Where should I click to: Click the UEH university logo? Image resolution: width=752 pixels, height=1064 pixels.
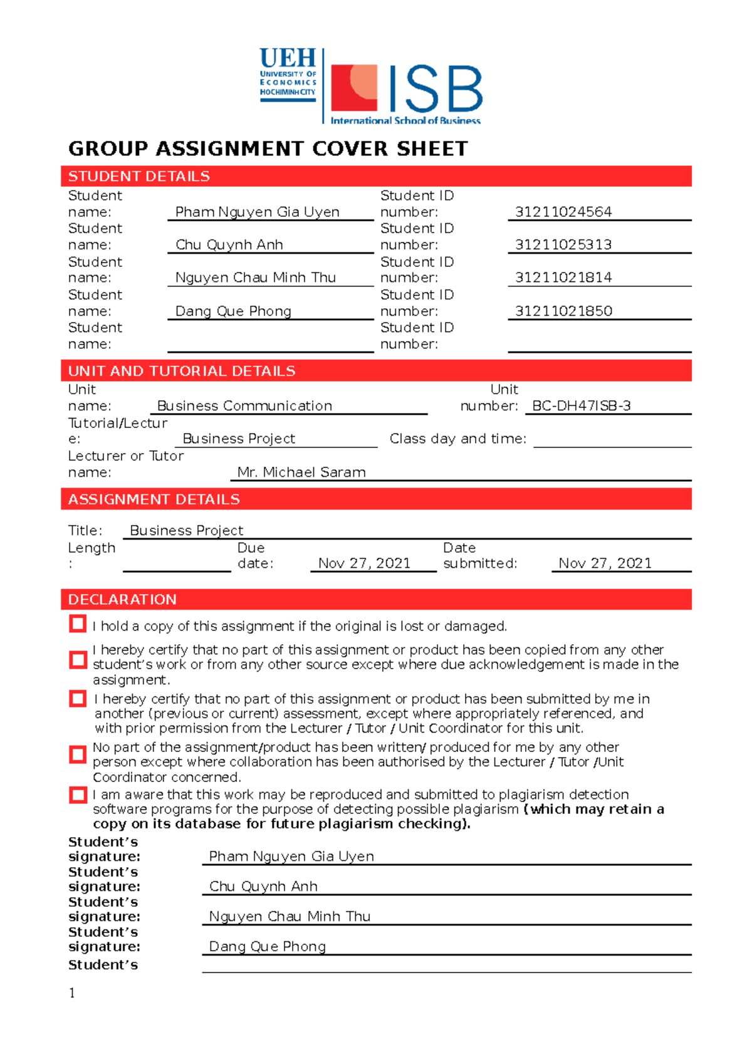(x=288, y=75)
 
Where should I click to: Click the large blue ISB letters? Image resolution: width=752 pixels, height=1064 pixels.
(x=436, y=88)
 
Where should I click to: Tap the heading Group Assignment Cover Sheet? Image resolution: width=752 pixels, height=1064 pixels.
(x=268, y=149)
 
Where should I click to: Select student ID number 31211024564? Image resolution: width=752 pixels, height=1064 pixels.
(x=563, y=212)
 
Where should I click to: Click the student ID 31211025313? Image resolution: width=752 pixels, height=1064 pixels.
(x=563, y=244)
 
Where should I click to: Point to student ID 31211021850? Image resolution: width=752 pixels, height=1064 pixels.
(x=563, y=311)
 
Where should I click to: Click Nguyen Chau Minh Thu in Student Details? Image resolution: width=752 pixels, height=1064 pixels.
(x=255, y=278)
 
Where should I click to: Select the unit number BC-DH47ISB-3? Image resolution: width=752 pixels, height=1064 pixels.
(x=581, y=406)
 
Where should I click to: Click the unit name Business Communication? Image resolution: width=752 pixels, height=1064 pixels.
(x=244, y=406)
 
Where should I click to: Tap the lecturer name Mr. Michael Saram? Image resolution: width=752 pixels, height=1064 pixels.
(x=301, y=472)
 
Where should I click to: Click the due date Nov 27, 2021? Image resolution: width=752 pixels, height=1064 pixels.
(x=364, y=563)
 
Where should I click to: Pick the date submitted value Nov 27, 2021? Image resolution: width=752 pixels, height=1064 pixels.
(x=605, y=563)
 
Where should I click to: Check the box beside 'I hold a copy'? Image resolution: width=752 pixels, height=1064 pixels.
(x=78, y=624)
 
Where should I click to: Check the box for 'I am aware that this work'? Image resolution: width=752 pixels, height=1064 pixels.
(x=78, y=795)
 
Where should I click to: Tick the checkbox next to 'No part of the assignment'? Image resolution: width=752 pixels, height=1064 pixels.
(x=78, y=754)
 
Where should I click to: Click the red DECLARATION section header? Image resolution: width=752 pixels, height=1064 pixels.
(x=122, y=600)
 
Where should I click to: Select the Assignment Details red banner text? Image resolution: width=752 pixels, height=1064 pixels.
(x=154, y=499)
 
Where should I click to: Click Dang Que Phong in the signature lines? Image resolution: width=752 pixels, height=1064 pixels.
(x=267, y=946)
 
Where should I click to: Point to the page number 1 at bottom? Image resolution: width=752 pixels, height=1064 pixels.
(x=72, y=993)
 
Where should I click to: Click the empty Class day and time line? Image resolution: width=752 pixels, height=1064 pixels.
(x=612, y=440)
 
